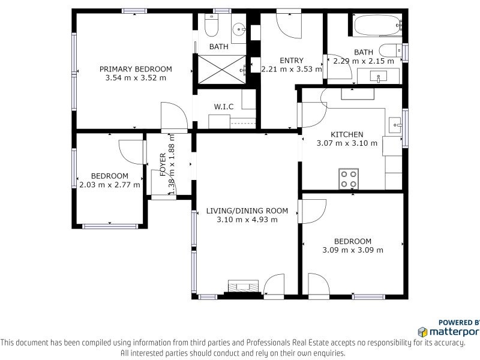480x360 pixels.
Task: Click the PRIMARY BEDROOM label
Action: [x=136, y=69]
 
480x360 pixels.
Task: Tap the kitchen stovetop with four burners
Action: [x=349, y=179]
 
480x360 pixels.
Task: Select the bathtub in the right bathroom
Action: [x=377, y=25]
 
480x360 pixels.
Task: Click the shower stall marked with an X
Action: [x=221, y=70]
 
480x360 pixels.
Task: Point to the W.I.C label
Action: [x=223, y=107]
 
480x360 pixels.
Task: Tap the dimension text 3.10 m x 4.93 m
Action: [x=247, y=220]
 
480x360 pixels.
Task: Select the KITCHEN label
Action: [x=347, y=134]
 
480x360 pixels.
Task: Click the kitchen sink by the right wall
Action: [x=395, y=125]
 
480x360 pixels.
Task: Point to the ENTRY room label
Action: [x=292, y=61]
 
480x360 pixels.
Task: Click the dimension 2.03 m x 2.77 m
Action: [x=110, y=185]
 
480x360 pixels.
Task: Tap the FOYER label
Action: [x=163, y=164]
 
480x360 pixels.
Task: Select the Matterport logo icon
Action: [x=422, y=332]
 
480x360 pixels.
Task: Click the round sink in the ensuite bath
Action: [x=238, y=29]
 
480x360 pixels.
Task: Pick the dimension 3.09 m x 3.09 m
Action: [x=353, y=250]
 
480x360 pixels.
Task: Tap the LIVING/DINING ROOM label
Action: [x=247, y=211]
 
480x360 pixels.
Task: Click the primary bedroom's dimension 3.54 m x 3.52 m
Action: [x=136, y=78]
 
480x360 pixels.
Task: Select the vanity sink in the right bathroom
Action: [x=379, y=76]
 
